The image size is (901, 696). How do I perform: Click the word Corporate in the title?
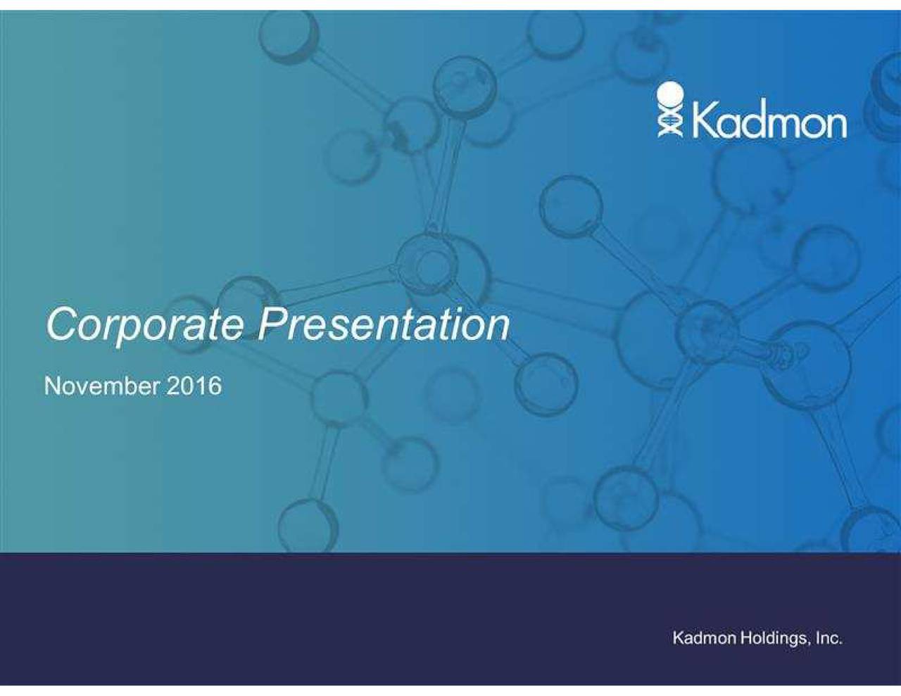pos(144,324)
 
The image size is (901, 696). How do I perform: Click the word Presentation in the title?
pos(384,324)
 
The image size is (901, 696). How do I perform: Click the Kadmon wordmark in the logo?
pos(769,121)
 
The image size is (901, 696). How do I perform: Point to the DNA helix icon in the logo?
pos(670,121)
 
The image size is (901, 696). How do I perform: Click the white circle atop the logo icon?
pos(670,94)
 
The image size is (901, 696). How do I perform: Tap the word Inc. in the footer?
pos(828,638)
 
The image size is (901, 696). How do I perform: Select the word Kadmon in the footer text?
pos(705,638)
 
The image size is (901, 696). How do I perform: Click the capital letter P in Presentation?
pos(273,324)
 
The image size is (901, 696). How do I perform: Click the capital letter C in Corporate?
pos(62,324)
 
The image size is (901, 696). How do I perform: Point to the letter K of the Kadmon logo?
pos(705,121)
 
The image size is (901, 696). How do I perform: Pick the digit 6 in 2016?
pos(214,386)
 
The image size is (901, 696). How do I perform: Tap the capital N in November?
pos(51,386)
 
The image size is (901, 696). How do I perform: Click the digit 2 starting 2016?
pos(173,386)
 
